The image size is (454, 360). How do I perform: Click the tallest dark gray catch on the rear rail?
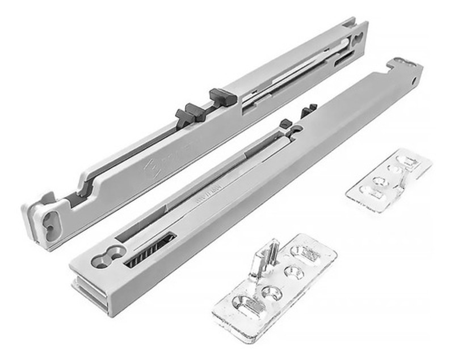pyautogui.click(x=222, y=97)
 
